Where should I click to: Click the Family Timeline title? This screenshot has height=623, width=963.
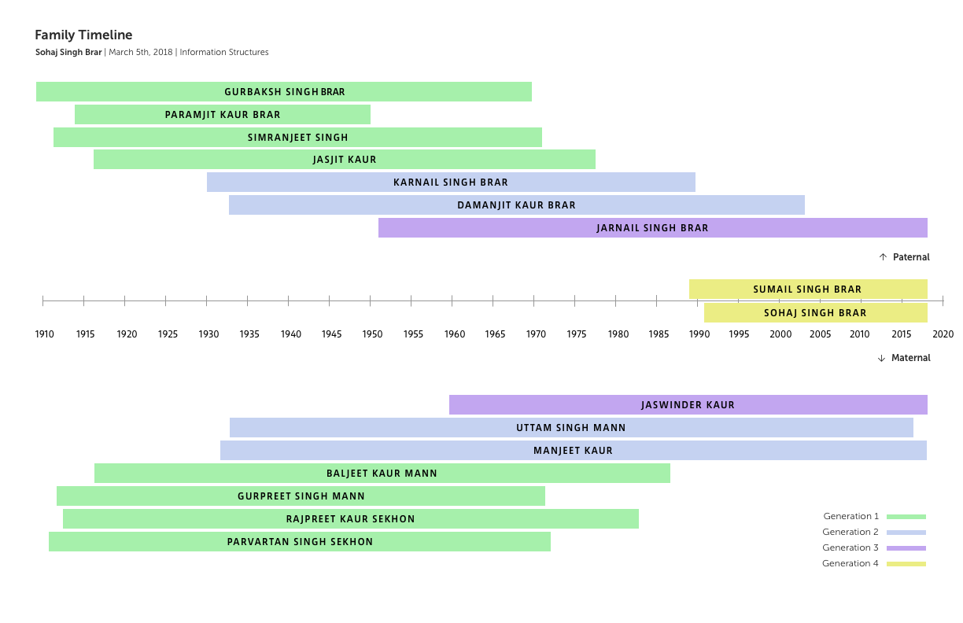[83, 35]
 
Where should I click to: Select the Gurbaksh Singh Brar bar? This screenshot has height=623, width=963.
[284, 92]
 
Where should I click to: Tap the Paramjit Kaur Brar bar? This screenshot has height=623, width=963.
[223, 115]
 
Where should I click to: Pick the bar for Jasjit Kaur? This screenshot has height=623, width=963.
[345, 160]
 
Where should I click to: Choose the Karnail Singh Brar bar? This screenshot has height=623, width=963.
[451, 182]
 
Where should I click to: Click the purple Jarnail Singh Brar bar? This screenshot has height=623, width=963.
[652, 228]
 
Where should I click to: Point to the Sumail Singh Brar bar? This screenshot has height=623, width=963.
[807, 289]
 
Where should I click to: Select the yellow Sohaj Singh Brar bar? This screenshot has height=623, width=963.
[815, 313]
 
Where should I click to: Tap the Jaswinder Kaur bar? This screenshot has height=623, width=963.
[688, 405]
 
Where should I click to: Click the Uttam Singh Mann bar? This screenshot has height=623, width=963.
[571, 428]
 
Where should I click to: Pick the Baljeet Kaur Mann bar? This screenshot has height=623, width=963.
[382, 474]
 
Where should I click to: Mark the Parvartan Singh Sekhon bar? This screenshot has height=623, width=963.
[300, 542]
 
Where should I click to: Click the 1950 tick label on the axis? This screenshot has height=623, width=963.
[372, 334]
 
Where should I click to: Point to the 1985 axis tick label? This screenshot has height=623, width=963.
[659, 334]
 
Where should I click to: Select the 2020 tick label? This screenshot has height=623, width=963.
[943, 334]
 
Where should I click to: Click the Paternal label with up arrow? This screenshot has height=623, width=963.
[905, 257]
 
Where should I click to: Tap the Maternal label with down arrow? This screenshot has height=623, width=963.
[904, 358]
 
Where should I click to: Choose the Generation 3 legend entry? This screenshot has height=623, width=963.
[873, 547]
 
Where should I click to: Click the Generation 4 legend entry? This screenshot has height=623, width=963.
[873, 563]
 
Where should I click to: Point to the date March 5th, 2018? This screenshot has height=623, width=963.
[142, 53]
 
